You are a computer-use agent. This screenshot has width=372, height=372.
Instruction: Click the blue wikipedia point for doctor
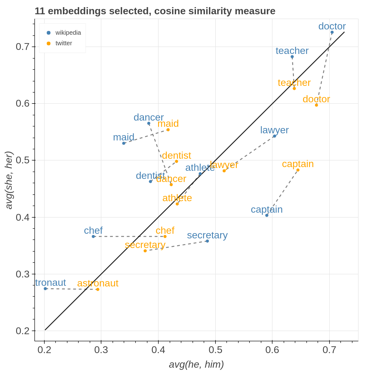tap(332, 32)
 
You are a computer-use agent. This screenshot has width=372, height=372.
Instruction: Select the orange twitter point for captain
tap(298, 170)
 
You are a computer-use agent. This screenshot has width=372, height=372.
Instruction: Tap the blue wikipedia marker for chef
tap(93, 237)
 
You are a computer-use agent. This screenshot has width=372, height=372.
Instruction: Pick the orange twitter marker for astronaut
tap(98, 290)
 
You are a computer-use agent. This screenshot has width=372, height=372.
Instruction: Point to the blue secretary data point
tap(207, 241)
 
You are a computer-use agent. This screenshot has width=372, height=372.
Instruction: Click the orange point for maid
tap(168, 130)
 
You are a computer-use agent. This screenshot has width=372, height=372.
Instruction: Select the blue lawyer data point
tap(275, 136)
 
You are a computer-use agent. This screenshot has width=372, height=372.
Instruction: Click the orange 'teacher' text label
tap(294, 83)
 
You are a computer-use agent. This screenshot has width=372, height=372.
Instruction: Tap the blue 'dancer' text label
tap(148, 117)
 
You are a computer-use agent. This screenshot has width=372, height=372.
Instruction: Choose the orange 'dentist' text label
tap(176, 155)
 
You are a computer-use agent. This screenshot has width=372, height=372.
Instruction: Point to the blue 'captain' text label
tap(267, 210)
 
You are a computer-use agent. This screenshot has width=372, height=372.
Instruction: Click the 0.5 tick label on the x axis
tap(215, 350)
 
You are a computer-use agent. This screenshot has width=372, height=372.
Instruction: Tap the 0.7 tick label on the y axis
tap(23, 47)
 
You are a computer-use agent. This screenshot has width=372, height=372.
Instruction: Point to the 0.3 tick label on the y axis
tap(23, 274)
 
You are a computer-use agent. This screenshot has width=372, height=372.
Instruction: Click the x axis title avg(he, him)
tap(196, 365)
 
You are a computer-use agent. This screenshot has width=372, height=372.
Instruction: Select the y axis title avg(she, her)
tap(9, 180)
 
